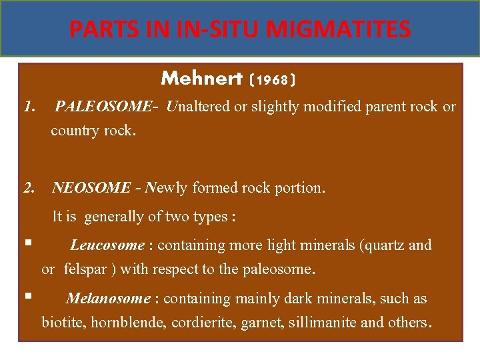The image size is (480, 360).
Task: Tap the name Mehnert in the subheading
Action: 201,79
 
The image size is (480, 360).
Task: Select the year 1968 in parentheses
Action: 272,80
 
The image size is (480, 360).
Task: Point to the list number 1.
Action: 29,107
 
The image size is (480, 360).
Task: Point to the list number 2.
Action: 29,188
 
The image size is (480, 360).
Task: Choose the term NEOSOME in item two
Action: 91,188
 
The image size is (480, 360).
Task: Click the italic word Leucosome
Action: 107,245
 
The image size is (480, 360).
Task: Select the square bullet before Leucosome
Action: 27,244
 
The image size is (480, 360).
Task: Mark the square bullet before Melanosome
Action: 27,297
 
